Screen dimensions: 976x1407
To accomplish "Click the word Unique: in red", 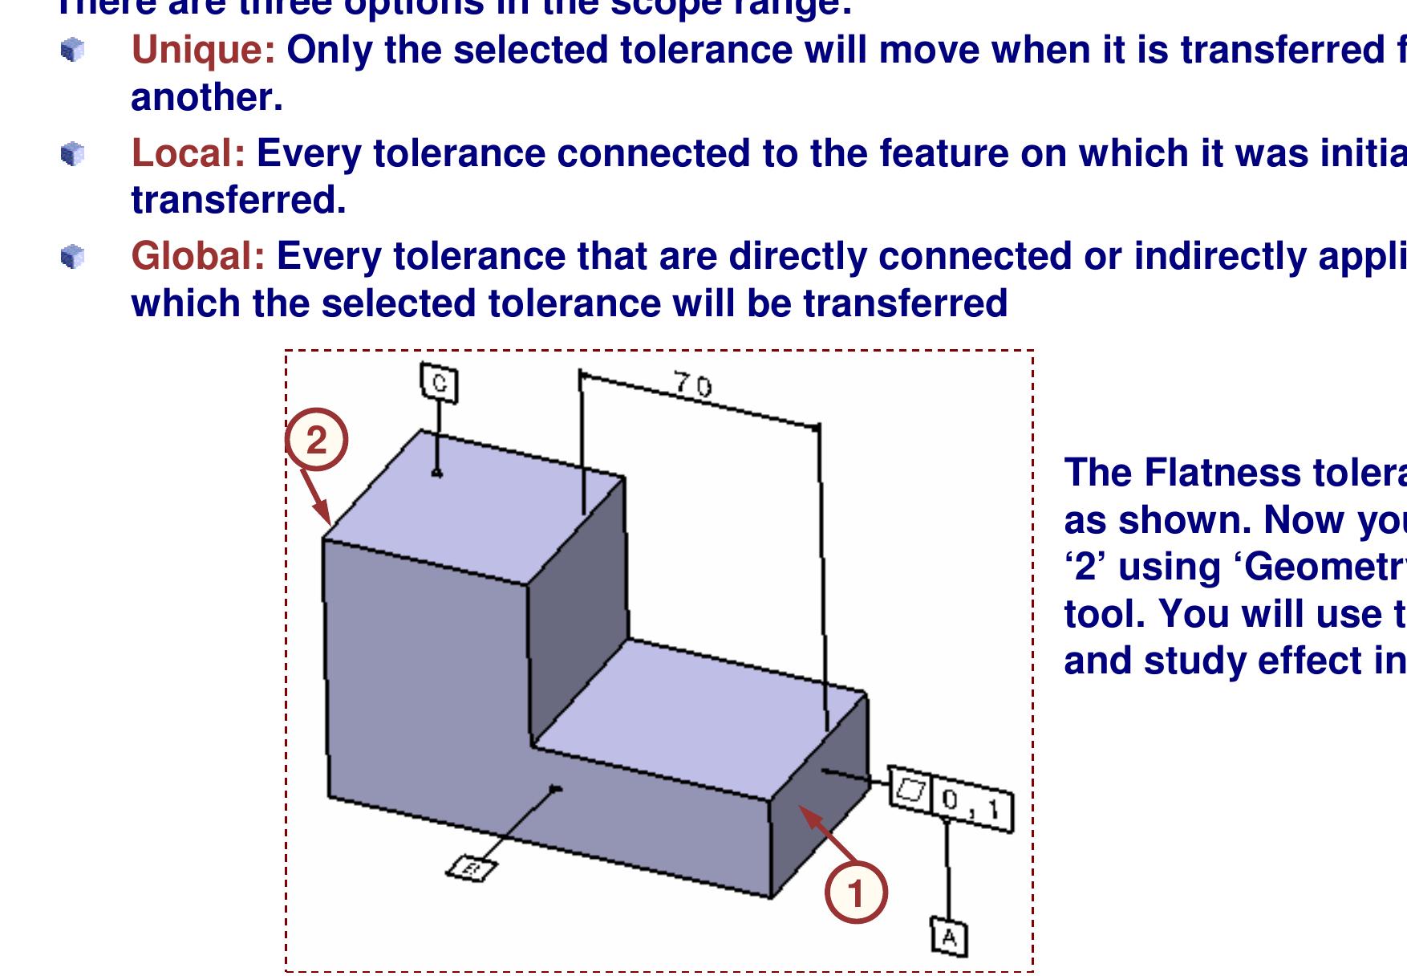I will point(203,51).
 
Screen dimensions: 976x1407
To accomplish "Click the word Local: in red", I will point(188,153).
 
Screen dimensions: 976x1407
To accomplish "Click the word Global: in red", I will point(197,257).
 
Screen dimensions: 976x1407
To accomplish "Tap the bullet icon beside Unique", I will point(73,51).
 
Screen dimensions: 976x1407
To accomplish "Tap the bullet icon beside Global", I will point(73,257).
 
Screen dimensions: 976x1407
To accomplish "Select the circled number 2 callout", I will point(317,441).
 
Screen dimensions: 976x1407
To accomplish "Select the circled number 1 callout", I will point(856,893).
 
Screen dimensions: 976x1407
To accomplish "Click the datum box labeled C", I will point(439,383).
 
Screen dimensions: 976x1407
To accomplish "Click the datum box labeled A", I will point(950,937).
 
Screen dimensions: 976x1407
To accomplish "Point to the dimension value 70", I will point(692,385).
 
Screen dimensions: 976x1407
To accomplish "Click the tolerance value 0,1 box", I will point(972,805).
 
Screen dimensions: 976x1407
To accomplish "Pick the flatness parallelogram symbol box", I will point(911,790).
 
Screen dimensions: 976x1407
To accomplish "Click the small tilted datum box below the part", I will point(472,868).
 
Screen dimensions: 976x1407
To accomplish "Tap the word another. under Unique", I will point(206,98).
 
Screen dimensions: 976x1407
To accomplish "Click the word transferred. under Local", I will point(238,201).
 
